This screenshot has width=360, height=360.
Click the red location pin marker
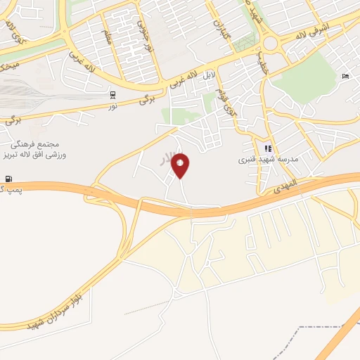pyautogui.click(x=181, y=166)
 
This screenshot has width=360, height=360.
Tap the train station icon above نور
pyautogui.click(x=112, y=94)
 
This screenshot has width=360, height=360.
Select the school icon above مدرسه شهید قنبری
pyautogui.click(x=267, y=149)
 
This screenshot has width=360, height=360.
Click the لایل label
pyautogui.click(x=208, y=74)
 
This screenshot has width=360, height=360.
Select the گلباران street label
pyautogui.click(x=219, y=29)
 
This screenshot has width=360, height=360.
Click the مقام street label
pyautogui.click(x=108, y=35)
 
